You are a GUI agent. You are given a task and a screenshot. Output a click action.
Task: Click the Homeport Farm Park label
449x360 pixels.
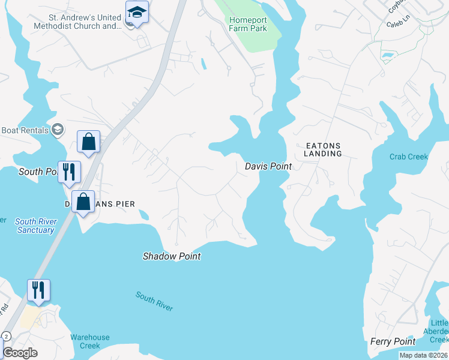pos(248,24)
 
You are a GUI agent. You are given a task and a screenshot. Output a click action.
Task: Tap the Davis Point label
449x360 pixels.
pos(268,166)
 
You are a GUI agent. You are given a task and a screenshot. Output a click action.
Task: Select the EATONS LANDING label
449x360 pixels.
pos(323,149)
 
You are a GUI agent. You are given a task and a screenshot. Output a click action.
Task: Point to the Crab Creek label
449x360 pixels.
pos(409,157)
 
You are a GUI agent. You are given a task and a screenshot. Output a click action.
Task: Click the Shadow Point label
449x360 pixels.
pos(171,256)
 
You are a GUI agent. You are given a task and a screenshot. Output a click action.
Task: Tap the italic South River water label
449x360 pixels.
pos(154,301)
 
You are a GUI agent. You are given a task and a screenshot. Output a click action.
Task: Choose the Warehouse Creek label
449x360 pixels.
pos(90,341)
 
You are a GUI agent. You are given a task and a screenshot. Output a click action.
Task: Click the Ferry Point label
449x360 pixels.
pos(393,341)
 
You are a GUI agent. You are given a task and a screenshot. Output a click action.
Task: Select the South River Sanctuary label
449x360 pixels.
pos(36,226)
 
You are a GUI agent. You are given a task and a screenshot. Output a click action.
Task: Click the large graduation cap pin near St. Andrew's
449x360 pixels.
pos(137,12)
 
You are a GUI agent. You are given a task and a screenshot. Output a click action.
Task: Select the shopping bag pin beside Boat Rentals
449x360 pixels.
pos(88,142)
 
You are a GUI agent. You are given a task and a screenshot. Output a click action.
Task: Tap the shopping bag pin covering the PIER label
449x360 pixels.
pos(83,202)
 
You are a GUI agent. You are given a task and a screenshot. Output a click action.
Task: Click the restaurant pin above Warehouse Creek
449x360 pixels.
pos(38,290)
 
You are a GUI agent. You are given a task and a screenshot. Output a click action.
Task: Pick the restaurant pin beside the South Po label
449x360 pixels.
pos(69,172)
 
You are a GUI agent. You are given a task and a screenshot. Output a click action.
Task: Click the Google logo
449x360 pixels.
pos(20,353)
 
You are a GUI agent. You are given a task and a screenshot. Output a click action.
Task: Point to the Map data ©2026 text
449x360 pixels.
pos(423,355)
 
